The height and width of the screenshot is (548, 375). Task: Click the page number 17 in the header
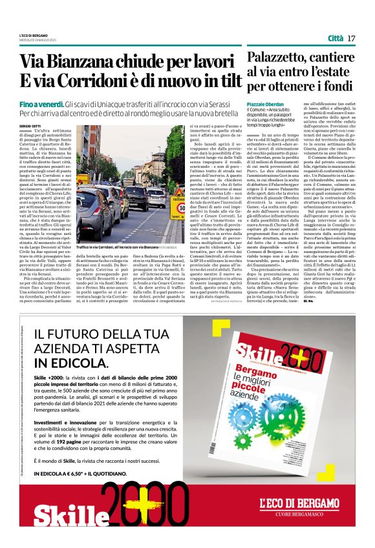pyautogui.click(x=352, y=39)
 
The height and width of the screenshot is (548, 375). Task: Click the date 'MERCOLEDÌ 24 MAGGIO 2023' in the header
pyautogui.click(x=40, y=41)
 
